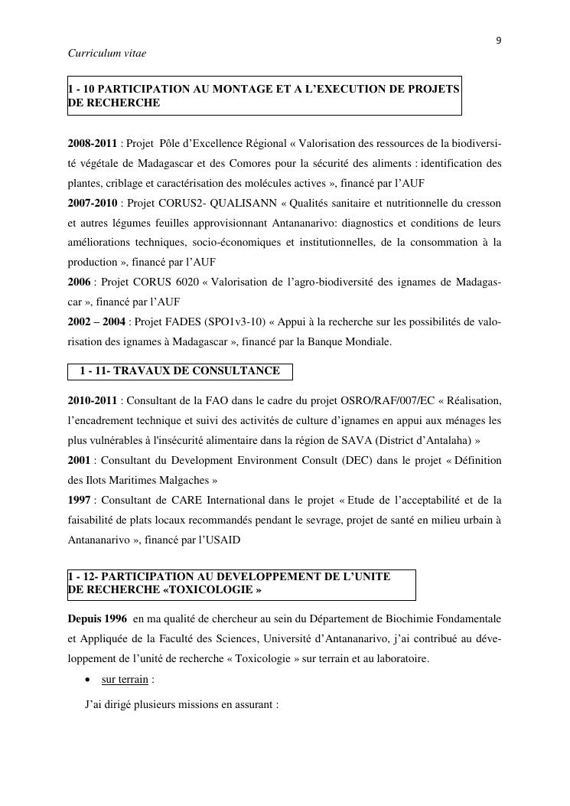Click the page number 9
(x=499, y=41)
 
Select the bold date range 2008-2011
(x=93, y=144)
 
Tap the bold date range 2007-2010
(x=93, y=204)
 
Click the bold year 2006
(x=80, y=282)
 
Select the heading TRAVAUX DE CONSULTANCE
(x=197, y=371)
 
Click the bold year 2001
(x=80, y=461)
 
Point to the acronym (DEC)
(x=366, y=461)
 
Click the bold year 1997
(x=80, y=501)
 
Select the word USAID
(x=222, y=540)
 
